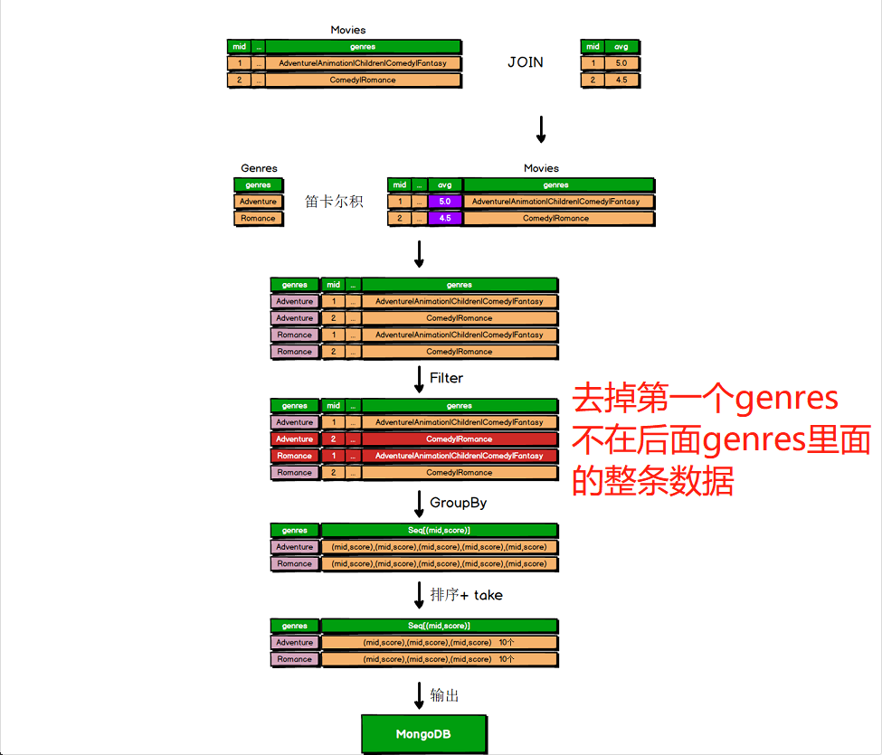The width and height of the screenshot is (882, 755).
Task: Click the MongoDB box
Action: tap(423, 733)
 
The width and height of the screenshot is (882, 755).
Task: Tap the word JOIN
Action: tap(526, 62)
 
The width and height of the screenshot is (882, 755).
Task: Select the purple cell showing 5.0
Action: tap(445, 202)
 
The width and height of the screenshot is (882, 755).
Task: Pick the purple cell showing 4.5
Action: tap(445, 218)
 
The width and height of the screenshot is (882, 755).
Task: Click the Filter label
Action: tap(446, 377)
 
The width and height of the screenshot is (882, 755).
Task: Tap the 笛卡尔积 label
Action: tap(334, 202)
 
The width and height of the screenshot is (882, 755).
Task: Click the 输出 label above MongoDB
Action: tap(444, 695)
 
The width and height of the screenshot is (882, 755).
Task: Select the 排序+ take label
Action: tap(466, 595)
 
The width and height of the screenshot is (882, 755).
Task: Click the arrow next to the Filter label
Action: tap(419, 378)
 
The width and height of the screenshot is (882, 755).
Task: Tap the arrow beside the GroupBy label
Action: tap(419, 503)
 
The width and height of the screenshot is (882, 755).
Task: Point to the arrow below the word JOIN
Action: tap(541, 129)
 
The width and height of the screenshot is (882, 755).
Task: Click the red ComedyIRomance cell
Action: tap(460, 439)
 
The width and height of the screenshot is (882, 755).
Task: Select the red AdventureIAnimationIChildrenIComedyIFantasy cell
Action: tap(460, 456)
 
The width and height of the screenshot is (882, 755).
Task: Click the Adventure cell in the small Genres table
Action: tap(258, 202)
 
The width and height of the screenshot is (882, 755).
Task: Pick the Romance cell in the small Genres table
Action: tap(258, 218)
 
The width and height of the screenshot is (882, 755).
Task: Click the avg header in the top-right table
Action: tap(621, 46)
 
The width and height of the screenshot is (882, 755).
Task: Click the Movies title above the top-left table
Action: tap(348, 30)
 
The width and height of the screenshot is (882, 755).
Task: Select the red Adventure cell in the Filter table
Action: tap(295, 439)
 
